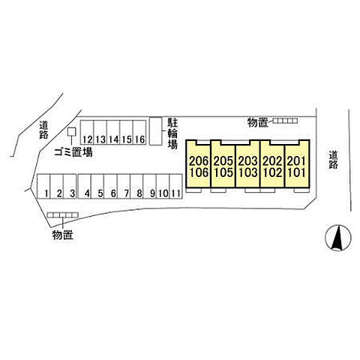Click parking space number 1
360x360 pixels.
click(x=43, y=187)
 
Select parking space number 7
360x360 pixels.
click(x=124, y=187)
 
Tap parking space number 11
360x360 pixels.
click(x=175, y=187)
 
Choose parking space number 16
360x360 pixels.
click(x=139, y=133)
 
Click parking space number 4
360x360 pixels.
click(x=85, y=187)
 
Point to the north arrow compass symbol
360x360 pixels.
click(x=338, y=238)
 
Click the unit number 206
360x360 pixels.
click(x=199, y=161)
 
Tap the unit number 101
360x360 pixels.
click(x=296, y=172)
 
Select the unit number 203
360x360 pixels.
click(x=247, y=161)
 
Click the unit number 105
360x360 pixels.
click(x=223, y=172)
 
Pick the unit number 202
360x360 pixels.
click(x=272, y=161)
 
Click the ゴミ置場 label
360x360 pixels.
click(x=73, y=152)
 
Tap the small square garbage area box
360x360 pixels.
click(x=72, y=132)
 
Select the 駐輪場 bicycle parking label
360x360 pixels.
click(x=172, y=133)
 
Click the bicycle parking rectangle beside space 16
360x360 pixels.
click(x=156, y=131)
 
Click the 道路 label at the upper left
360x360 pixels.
click(x=43, y=130)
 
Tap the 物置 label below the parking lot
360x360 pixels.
click(x=62, y=235)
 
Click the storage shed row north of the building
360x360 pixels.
click(x=285, y=121)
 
